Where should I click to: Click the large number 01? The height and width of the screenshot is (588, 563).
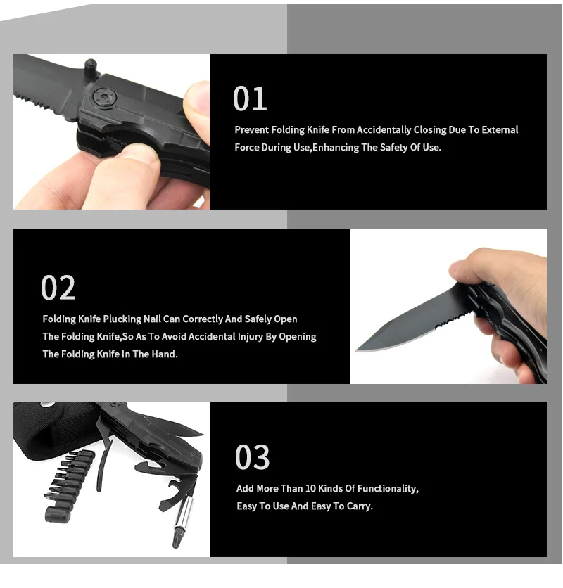coord(250,98)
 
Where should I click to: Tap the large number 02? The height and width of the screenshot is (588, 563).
coord(58,288)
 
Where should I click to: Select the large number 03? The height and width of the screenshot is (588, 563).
coord(252,457)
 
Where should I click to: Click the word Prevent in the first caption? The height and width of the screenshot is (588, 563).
coord(251,129)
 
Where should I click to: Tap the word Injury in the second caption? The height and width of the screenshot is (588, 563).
coord(250,337)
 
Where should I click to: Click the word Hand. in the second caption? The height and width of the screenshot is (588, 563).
coord(165,354)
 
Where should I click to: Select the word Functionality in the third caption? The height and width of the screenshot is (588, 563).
coord(388,489)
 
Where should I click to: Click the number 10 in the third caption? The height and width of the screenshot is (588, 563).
coord(310,489)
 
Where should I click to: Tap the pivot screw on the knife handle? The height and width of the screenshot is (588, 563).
coord(104,98)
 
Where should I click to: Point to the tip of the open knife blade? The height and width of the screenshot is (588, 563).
coord(356,351)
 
